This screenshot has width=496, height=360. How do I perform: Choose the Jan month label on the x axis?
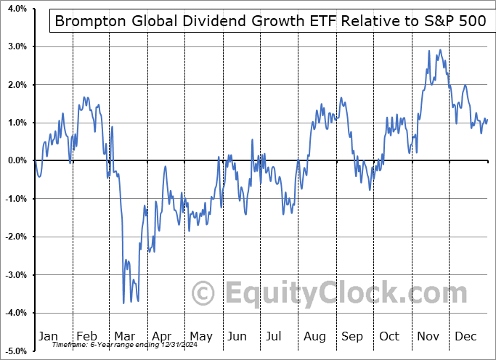coord(48,336)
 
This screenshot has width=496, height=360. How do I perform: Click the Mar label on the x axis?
coord(124,336)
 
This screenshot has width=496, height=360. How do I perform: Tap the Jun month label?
coord(237,336)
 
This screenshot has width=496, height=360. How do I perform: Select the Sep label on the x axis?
coord(351,336)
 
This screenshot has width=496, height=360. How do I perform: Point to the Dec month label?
coord(465,336)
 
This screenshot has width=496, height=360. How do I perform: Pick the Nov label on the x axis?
coord(428,336)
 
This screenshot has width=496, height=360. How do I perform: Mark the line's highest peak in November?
coord(440,50)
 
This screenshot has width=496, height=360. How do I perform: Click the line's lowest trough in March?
coord(123,303)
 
